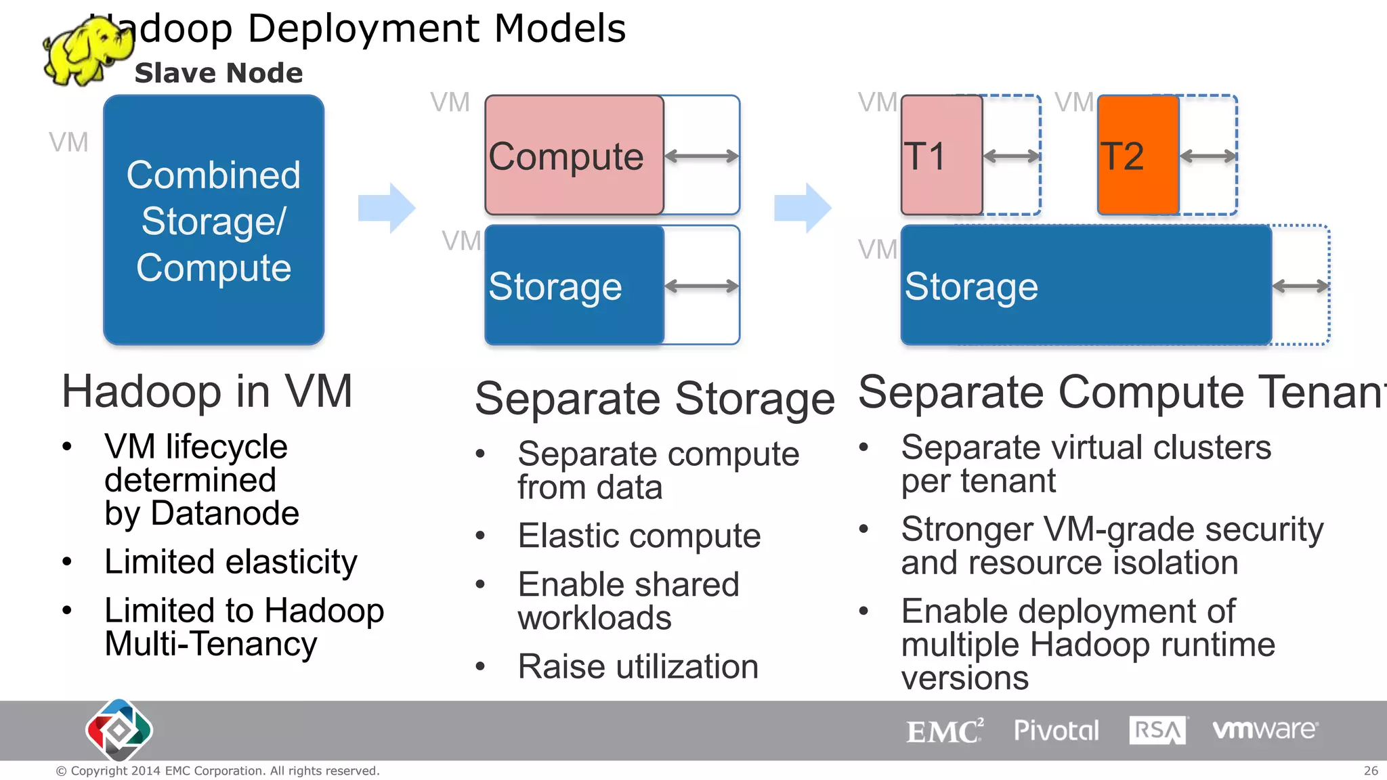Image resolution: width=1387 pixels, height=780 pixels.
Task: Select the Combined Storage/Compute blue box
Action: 213,220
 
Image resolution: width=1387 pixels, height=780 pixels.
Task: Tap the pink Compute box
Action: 574,155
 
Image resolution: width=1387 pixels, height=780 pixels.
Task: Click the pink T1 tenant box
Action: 941,155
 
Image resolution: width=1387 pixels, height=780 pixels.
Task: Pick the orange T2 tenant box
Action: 1138,155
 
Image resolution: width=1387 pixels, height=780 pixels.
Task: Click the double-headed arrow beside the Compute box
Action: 701,156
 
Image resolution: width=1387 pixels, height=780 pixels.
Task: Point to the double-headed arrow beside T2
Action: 1208,156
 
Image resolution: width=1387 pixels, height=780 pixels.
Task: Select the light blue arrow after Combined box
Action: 387,208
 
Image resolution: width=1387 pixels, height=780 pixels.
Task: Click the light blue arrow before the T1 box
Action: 803,208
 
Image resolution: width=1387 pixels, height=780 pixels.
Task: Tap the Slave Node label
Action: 219,73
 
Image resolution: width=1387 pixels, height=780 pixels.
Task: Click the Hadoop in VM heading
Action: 207,391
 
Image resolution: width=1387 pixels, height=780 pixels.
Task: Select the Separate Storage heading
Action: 654,398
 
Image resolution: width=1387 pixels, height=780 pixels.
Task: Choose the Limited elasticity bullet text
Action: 230,562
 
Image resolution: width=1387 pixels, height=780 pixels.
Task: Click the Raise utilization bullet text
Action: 637,667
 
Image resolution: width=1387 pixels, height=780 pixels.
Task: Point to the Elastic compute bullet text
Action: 639,536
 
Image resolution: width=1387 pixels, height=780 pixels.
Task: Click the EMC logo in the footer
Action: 944,731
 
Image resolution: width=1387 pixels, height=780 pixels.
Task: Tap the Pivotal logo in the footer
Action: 1056,731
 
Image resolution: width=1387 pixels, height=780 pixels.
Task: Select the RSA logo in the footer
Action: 1157,730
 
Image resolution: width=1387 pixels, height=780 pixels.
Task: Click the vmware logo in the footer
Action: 1264,729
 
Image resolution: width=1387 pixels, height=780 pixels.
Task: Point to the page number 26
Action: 1371,771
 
